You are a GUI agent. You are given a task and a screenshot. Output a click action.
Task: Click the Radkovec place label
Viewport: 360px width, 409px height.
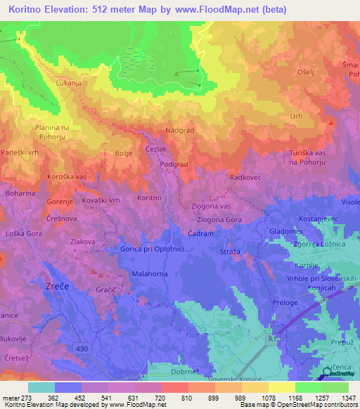[245, 178]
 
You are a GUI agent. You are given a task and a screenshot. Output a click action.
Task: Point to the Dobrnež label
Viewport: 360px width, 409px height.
[186, 372]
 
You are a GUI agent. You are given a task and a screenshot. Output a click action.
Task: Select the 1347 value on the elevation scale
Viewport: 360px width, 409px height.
[340, 397]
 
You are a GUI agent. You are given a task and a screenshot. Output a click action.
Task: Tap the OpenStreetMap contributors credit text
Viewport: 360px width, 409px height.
[323, 405]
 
